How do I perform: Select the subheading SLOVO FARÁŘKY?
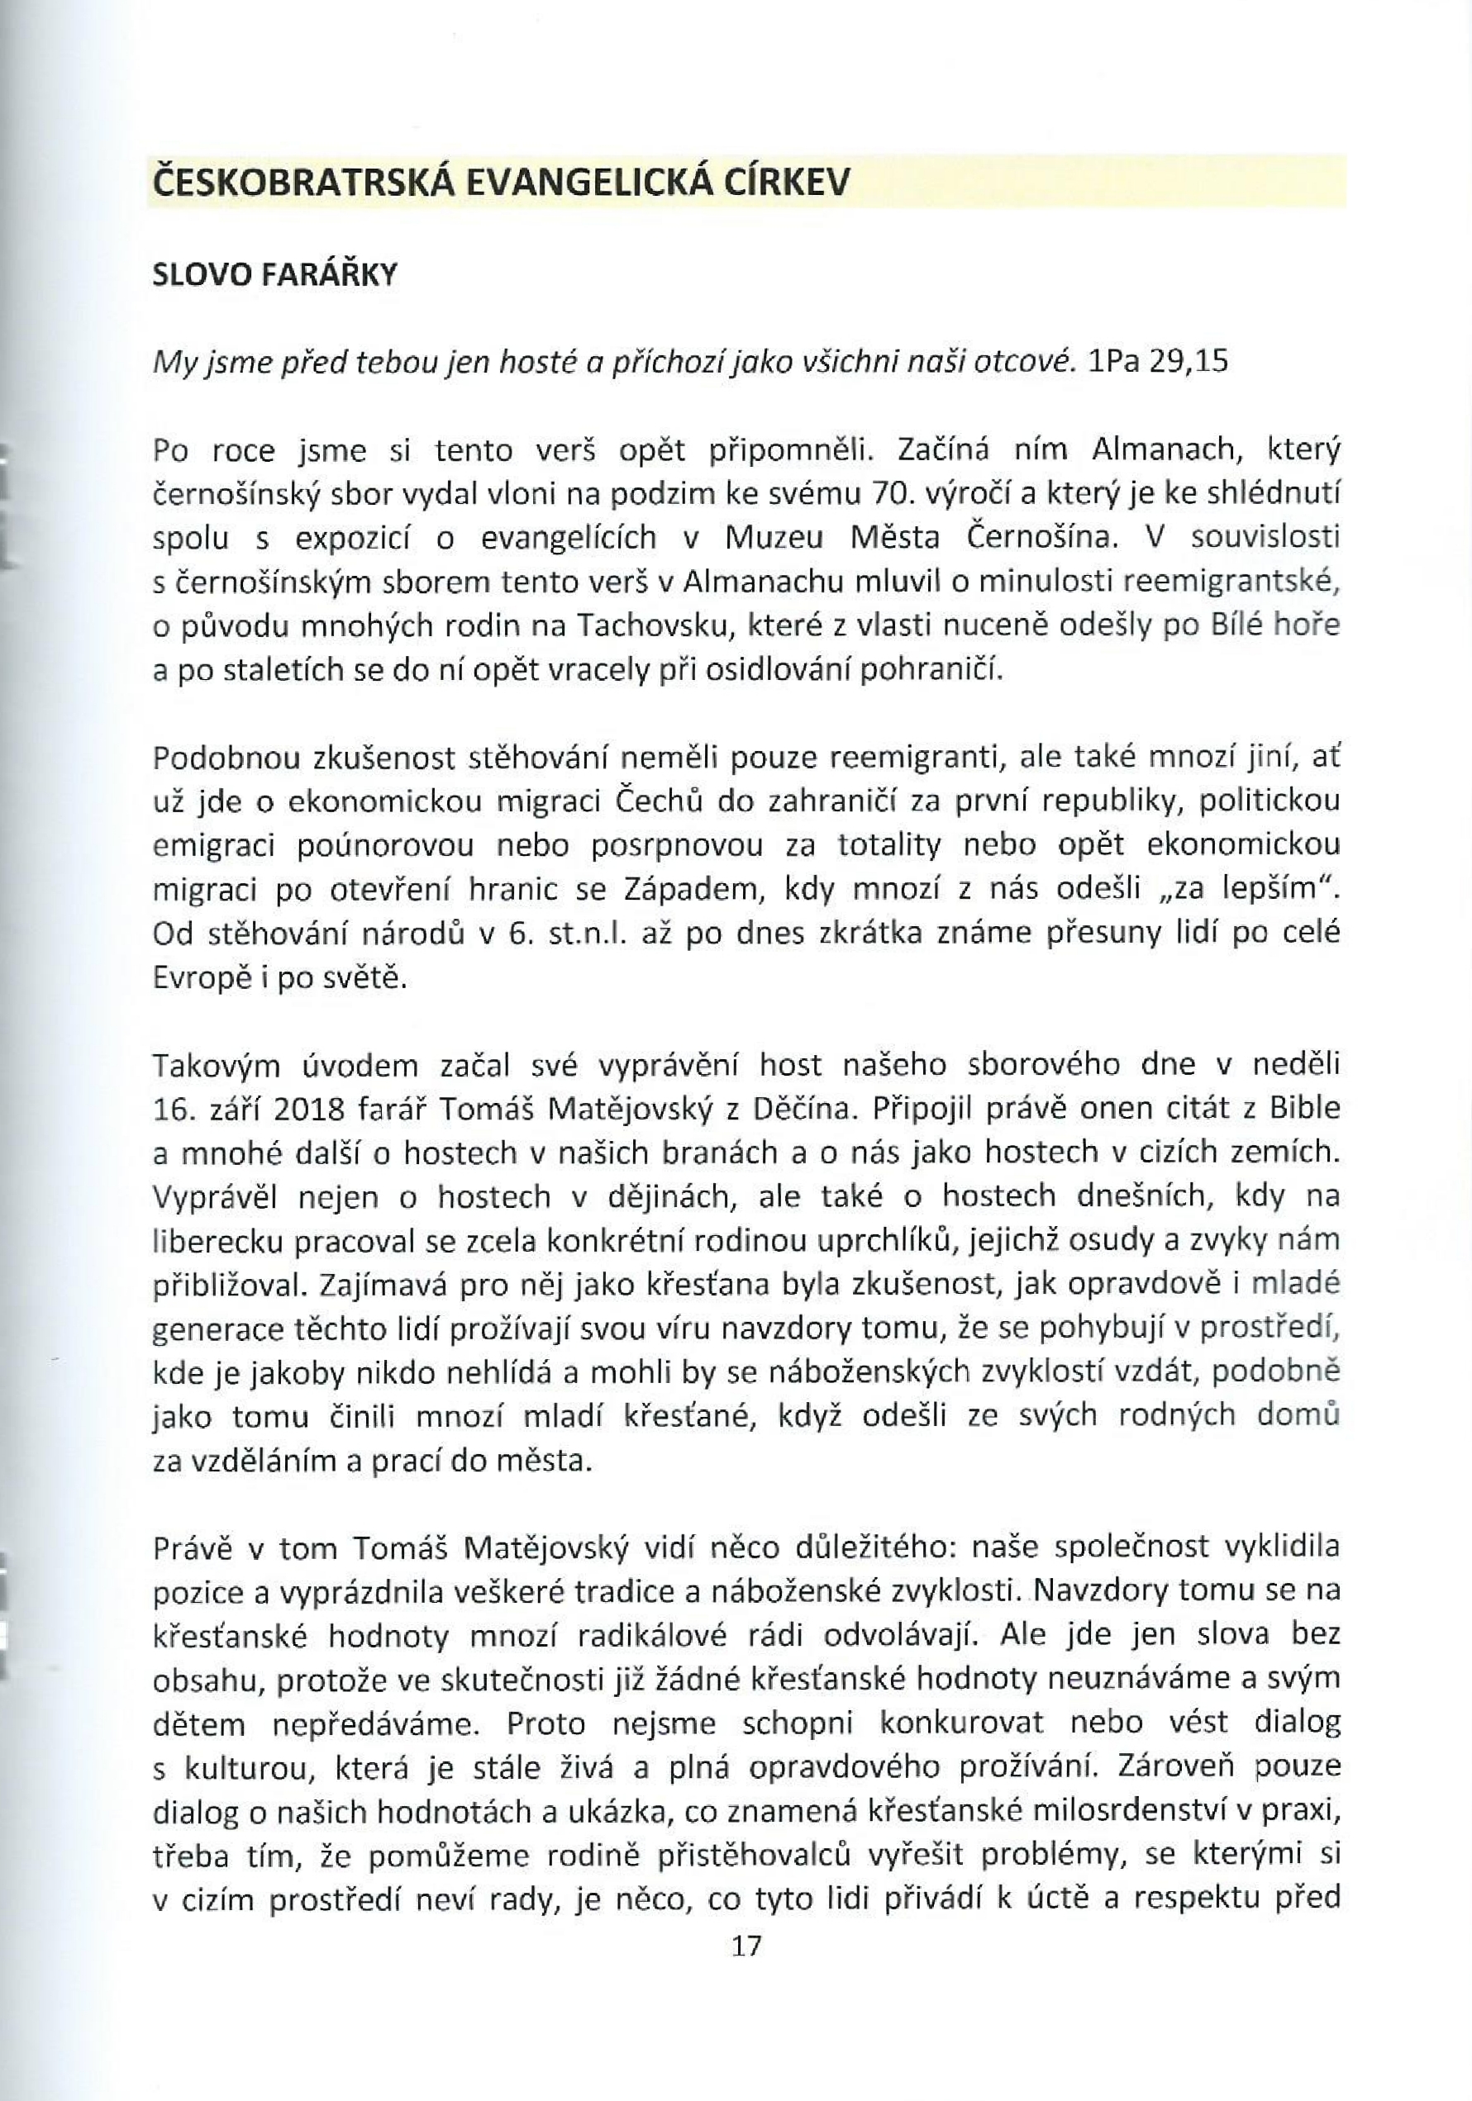coord(274,275)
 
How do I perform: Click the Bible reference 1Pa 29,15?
coord(1158,363)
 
